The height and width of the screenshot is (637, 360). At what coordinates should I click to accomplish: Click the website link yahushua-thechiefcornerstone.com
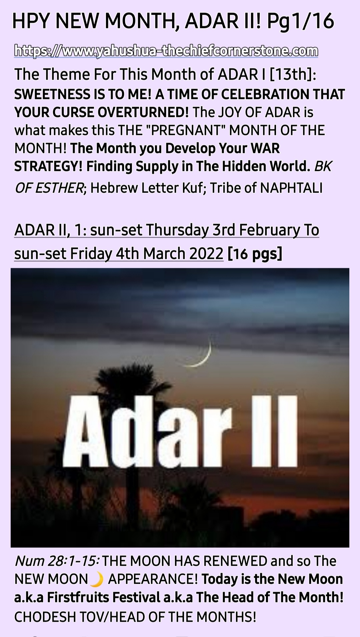point(166,51)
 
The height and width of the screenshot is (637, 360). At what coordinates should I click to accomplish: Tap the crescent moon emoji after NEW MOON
point(97,579)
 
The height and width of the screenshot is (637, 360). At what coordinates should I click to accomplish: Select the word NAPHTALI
point(291,188)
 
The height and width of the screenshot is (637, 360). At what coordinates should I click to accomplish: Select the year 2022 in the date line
point(206,254)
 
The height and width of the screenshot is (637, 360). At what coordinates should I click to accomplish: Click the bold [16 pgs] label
point(255,254)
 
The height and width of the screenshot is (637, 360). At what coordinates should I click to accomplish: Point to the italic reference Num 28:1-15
point(57,561)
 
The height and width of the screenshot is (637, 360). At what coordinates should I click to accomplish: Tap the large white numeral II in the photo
point(274,430)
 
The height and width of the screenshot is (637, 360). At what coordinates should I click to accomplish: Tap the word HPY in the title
point(32,22)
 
